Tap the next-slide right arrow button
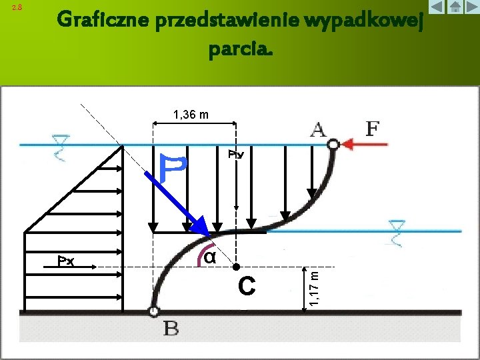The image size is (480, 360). pos(471,8)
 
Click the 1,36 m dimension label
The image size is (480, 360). pos(191,115)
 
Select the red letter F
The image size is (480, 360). pos(372,127)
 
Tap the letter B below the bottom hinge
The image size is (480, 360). pos(171,329)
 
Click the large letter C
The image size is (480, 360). pos(247,287)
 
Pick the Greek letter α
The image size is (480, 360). pos(208,257)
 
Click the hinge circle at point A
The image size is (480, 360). pos(334,144)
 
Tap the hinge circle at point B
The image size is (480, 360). pos(154,311)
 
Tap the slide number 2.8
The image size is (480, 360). pos(18,7)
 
